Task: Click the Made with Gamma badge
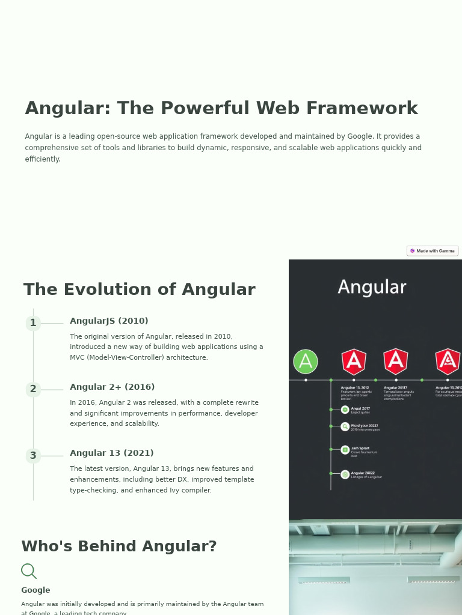click(x=433, y=251)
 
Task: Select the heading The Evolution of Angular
click(x=139, y=289)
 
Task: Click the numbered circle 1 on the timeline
click(x=33, y=323)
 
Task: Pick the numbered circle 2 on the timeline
click(x=33, y=389)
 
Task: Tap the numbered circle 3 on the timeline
click(x=33, y=455)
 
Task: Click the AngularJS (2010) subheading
click(x=109, y=321)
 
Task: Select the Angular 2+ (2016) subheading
click(x=112, y=387)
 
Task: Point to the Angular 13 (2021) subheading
click(x=111, y=453)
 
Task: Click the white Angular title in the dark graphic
click(x=372, y=287)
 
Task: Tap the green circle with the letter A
click(x=306, y=362)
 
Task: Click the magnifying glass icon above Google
click(x=28, y=571)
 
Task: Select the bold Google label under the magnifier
click(x=35, y=590)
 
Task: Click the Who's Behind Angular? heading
click(x=119, y=547)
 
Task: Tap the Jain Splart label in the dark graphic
click(x=360, y=448)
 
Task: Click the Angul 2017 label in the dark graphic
click(x=360, y=408)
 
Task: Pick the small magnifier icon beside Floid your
click(x=345, y=426)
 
